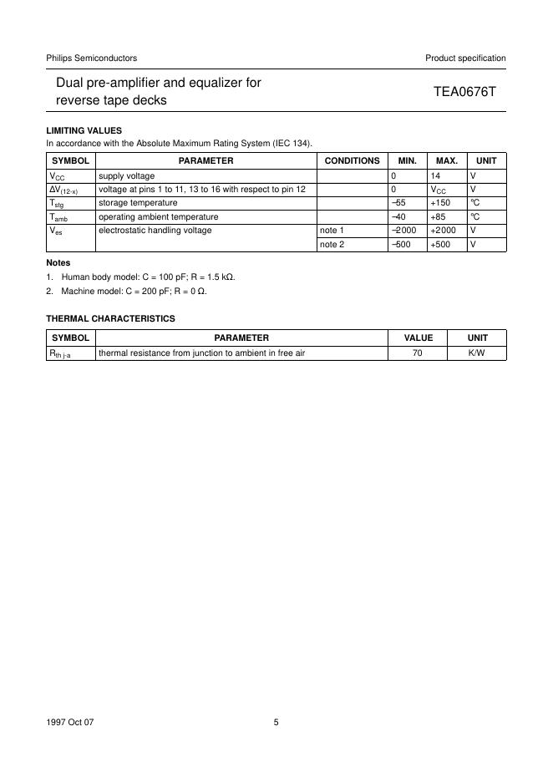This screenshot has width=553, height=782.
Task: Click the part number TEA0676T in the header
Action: coord(464,91)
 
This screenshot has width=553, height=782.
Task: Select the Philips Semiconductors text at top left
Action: coord(92,58)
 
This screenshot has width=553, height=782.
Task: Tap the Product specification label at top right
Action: coord(465,58)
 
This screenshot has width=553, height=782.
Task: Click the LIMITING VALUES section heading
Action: coord(84,130)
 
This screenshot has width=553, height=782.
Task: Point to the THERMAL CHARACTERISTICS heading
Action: coord(110,318)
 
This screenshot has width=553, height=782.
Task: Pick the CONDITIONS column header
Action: coord(352,160)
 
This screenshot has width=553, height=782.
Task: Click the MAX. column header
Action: coord(447,160)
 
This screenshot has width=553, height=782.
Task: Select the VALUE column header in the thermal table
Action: coord(419,338)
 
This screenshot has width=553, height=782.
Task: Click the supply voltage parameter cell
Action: coord(127,176)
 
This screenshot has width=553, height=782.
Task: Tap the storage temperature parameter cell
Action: coord(138,203)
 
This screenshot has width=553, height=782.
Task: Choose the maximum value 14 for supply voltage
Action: coord(435,176)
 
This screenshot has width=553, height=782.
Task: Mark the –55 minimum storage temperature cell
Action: coord(398,203)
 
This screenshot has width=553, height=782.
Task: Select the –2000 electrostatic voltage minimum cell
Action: coord(404,230)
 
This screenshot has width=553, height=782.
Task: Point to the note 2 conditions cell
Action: coord(332,244)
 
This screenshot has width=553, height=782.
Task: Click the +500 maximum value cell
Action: coord(440,244)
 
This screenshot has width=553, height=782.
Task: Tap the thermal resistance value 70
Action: coord(419,353)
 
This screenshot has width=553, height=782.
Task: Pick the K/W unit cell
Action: coord(477,353)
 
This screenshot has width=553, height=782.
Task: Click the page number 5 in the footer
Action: coord(276,723)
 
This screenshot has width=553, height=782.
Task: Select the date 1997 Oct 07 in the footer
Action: coord(70,723)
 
